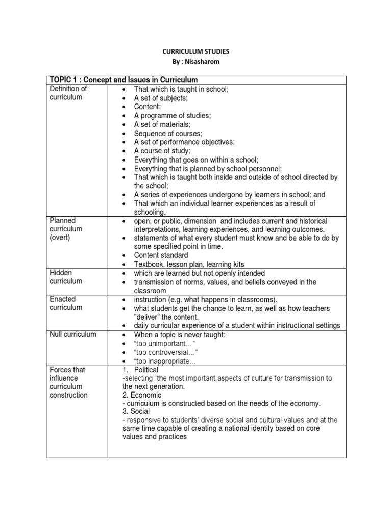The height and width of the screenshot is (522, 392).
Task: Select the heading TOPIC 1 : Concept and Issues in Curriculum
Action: (123, 80)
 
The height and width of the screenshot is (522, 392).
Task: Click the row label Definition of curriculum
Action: (68, 93)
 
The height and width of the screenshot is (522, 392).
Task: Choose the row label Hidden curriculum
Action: (66, 277)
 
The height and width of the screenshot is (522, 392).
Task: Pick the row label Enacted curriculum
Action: (66, 303)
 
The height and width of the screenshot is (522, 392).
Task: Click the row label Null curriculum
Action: (72, 335)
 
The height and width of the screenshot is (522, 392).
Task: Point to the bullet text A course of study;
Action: (162, 151)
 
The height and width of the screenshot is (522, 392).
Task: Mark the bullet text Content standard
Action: (161, 255)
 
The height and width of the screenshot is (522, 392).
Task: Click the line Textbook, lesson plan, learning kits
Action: (189, 264)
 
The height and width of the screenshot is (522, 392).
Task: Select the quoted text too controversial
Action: (165, 352)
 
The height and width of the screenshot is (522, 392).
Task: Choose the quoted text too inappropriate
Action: (164, 361)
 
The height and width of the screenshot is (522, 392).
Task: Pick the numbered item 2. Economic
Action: (141, 395)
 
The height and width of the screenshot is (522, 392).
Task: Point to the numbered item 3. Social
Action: (137, 412)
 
